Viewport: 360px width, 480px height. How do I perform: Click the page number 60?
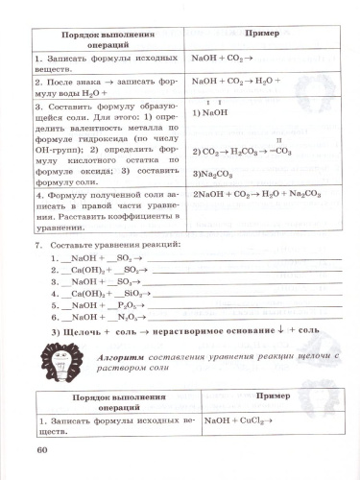pyautogui.click(x=40, y=452)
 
